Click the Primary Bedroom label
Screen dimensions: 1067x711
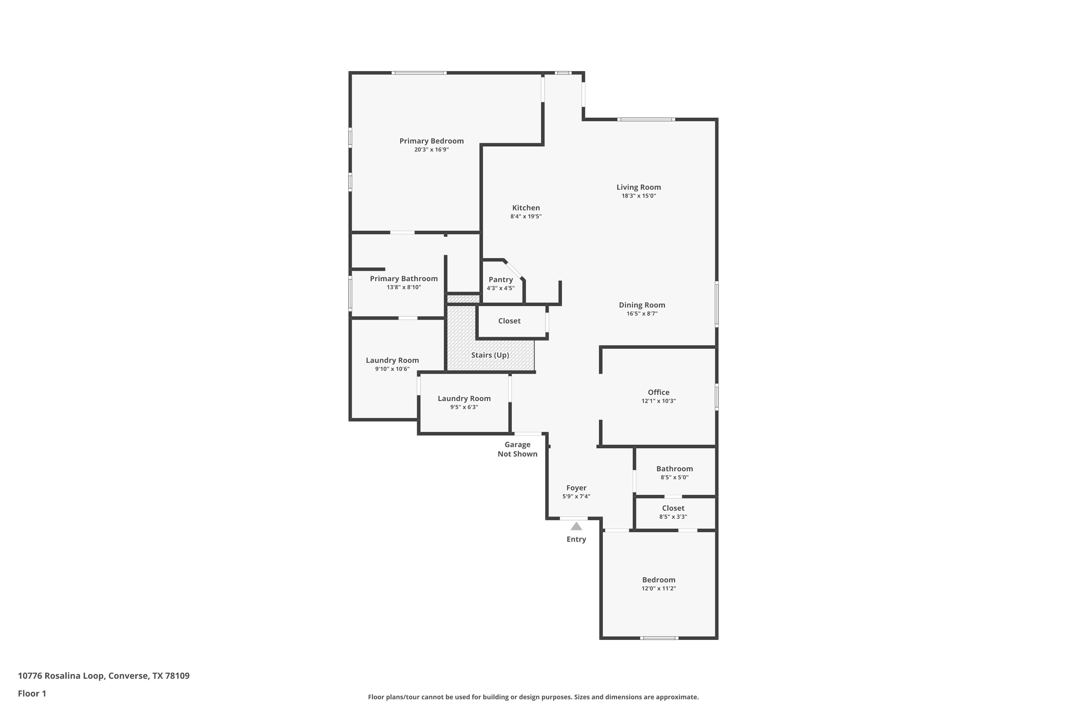click(x=431, y=141)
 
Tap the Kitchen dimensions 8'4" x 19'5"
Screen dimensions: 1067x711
click(x=526, y=216)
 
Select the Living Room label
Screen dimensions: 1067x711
click(x=639, y=187)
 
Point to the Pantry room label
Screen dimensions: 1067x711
click(x=501, y=280)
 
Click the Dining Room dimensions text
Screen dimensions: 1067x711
click(x=642, y=313)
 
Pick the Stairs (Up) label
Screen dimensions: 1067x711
click(x=490, y=355)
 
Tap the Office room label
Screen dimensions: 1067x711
click(x=659, y=392)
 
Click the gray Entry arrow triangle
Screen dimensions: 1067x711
click(x=576, y=526)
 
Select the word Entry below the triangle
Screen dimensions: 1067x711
click(x=576, y=539)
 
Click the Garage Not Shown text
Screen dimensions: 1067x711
click(x=517, y=449)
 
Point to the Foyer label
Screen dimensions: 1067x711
click(x=576, y=488)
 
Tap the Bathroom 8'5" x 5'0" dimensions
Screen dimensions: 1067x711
click(x=675, y=477)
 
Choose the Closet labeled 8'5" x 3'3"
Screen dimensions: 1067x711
click(x=673, y=508)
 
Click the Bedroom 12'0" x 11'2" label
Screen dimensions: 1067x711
click(x=659, y=580)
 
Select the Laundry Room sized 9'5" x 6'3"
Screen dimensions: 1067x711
click(x=464, y=399)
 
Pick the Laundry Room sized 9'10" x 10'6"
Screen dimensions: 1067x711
click(x=392, y=360)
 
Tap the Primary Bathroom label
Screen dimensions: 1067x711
click(x=404, y=279)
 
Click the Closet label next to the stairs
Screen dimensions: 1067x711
click(x=509, y=321)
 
